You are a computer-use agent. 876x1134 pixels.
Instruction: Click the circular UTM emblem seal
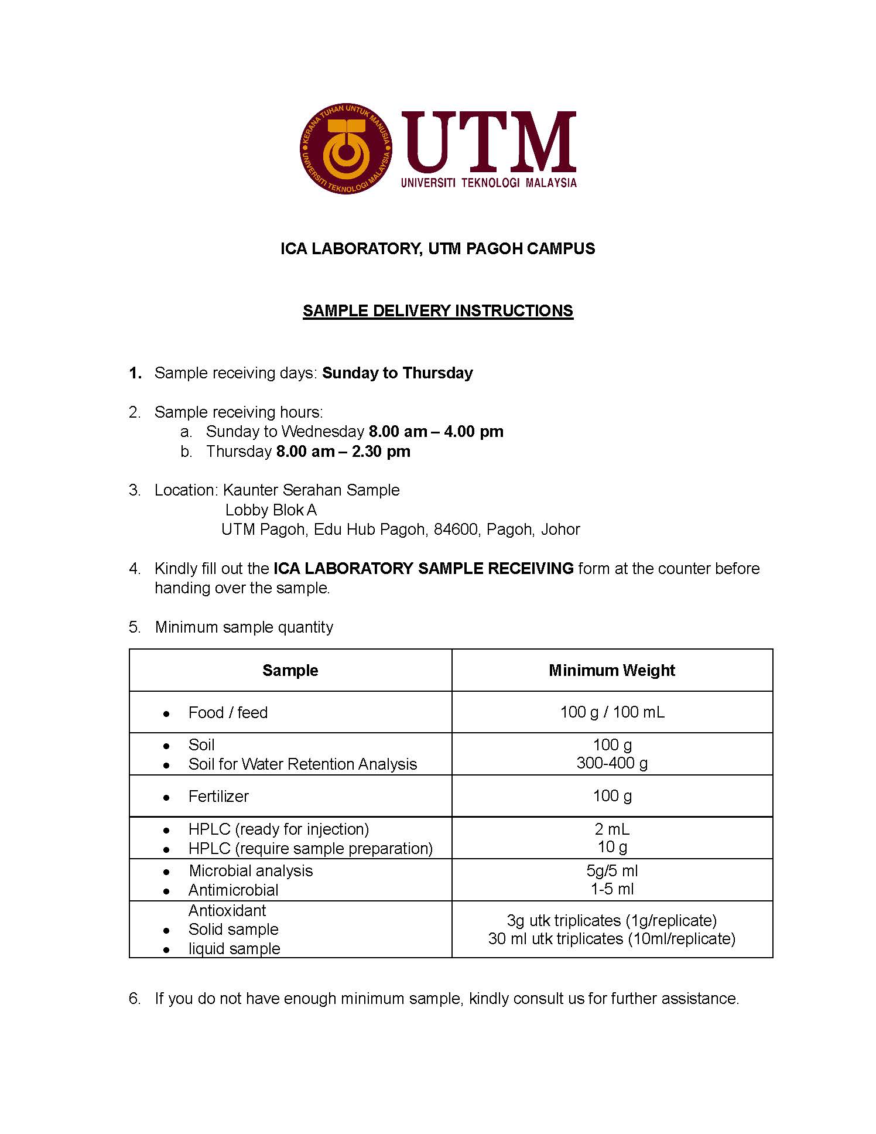point(345,149)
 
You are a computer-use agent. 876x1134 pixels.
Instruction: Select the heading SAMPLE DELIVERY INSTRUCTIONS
point(437,310)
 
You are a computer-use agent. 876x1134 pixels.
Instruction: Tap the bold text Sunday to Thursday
point(397,373)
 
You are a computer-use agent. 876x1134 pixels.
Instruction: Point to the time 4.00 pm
point(474,432)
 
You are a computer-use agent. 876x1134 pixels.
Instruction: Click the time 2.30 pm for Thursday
point(381,452)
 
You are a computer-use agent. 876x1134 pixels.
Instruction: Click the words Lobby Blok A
point(271,510)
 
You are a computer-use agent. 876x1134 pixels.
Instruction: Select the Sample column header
point(290,670)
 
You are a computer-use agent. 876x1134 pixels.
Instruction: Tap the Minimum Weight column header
point(611,670)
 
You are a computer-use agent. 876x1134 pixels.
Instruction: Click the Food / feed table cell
point(228,712)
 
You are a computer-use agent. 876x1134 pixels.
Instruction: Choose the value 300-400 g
point(612,763)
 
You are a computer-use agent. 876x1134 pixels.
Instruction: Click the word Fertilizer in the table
point(218,796)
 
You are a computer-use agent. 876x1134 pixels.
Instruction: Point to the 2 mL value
point(612,829)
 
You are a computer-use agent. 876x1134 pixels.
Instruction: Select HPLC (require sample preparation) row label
point(310,848)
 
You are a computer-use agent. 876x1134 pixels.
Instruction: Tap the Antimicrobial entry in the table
point(233,890)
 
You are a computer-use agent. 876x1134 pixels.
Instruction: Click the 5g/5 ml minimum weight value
point(612,870)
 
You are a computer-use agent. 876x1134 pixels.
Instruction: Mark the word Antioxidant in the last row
point(227,910)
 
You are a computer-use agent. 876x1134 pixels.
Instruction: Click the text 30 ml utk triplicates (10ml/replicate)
point(611,938)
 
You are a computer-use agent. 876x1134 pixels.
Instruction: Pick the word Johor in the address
point(560,530)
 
